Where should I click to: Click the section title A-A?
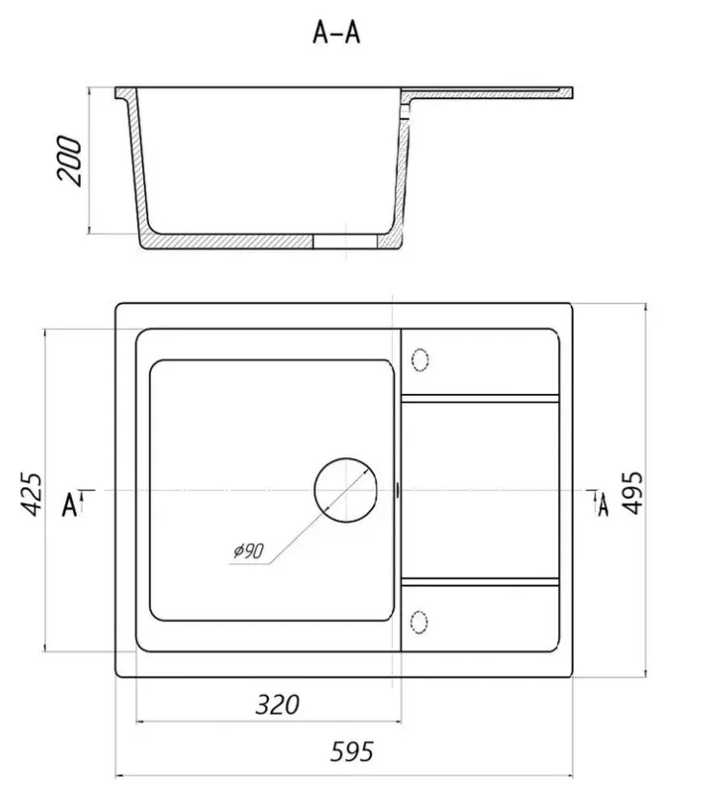[336, 33]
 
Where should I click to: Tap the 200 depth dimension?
[69, 160]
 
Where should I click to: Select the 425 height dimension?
[32, 494]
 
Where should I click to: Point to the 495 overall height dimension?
[632, 492]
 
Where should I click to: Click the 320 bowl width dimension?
[277, 704]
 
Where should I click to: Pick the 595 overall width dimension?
[352, 751]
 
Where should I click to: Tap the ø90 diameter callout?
[249, 552]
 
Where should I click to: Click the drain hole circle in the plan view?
[346, 490]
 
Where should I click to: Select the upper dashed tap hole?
[420, 360]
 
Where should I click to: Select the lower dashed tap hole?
[419, 623]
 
